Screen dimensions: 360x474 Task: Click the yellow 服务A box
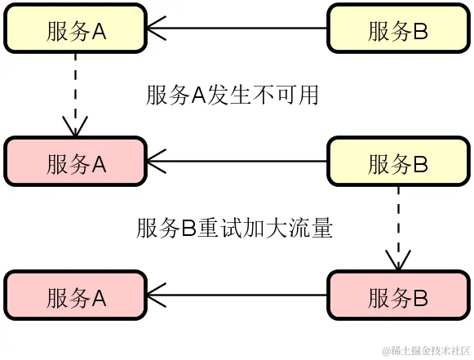(x=76, y=29)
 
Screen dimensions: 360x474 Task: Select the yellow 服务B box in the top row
(x=398, y=29)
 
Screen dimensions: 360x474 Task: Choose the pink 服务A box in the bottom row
(x=76, y=297)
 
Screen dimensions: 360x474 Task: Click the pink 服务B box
(x=398, y=297)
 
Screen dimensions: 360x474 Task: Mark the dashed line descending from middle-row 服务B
(x=398, y=220)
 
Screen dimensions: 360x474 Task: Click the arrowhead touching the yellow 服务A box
(x=157, y=30)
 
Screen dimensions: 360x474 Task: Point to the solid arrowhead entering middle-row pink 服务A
(x=157, y=163)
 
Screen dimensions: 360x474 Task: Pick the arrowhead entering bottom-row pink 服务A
(x=157, y=297)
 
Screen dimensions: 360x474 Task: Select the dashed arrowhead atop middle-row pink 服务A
(x=75, y=126)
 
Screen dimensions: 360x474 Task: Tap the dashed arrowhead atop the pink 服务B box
(x=398, y=260)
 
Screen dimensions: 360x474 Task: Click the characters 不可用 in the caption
(x=289, y=96)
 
